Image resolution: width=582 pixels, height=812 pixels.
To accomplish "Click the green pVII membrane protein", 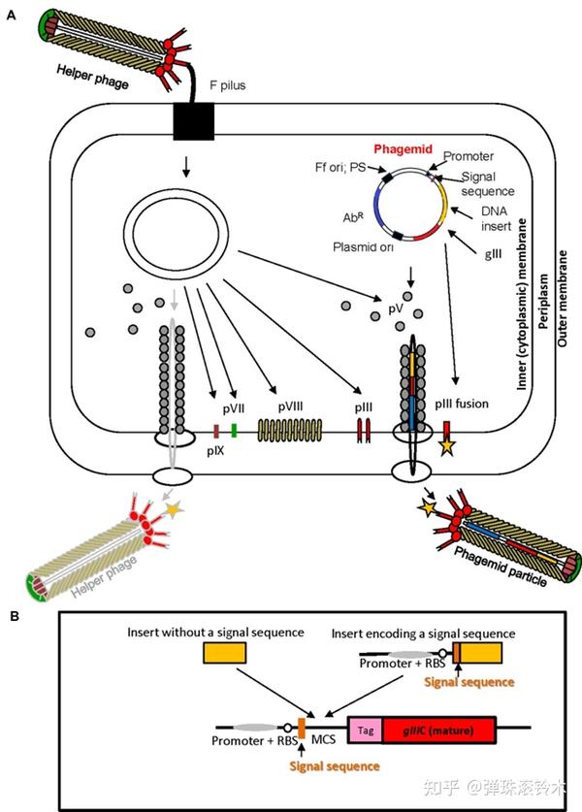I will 235,430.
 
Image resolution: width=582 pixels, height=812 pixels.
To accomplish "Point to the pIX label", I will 215,451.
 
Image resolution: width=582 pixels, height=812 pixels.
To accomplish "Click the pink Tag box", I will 366,729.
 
